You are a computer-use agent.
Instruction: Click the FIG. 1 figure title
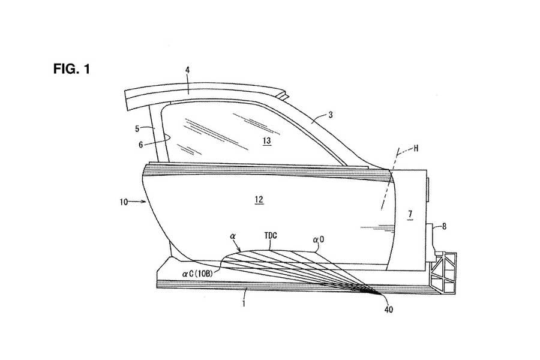[71, 69]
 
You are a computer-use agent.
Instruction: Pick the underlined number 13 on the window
[266, 140]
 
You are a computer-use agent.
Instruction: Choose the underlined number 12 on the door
[259, 199]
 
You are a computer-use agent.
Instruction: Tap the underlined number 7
[410, 214]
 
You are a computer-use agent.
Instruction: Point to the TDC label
[271, 237]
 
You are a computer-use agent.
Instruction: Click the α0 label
[318, 239]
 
